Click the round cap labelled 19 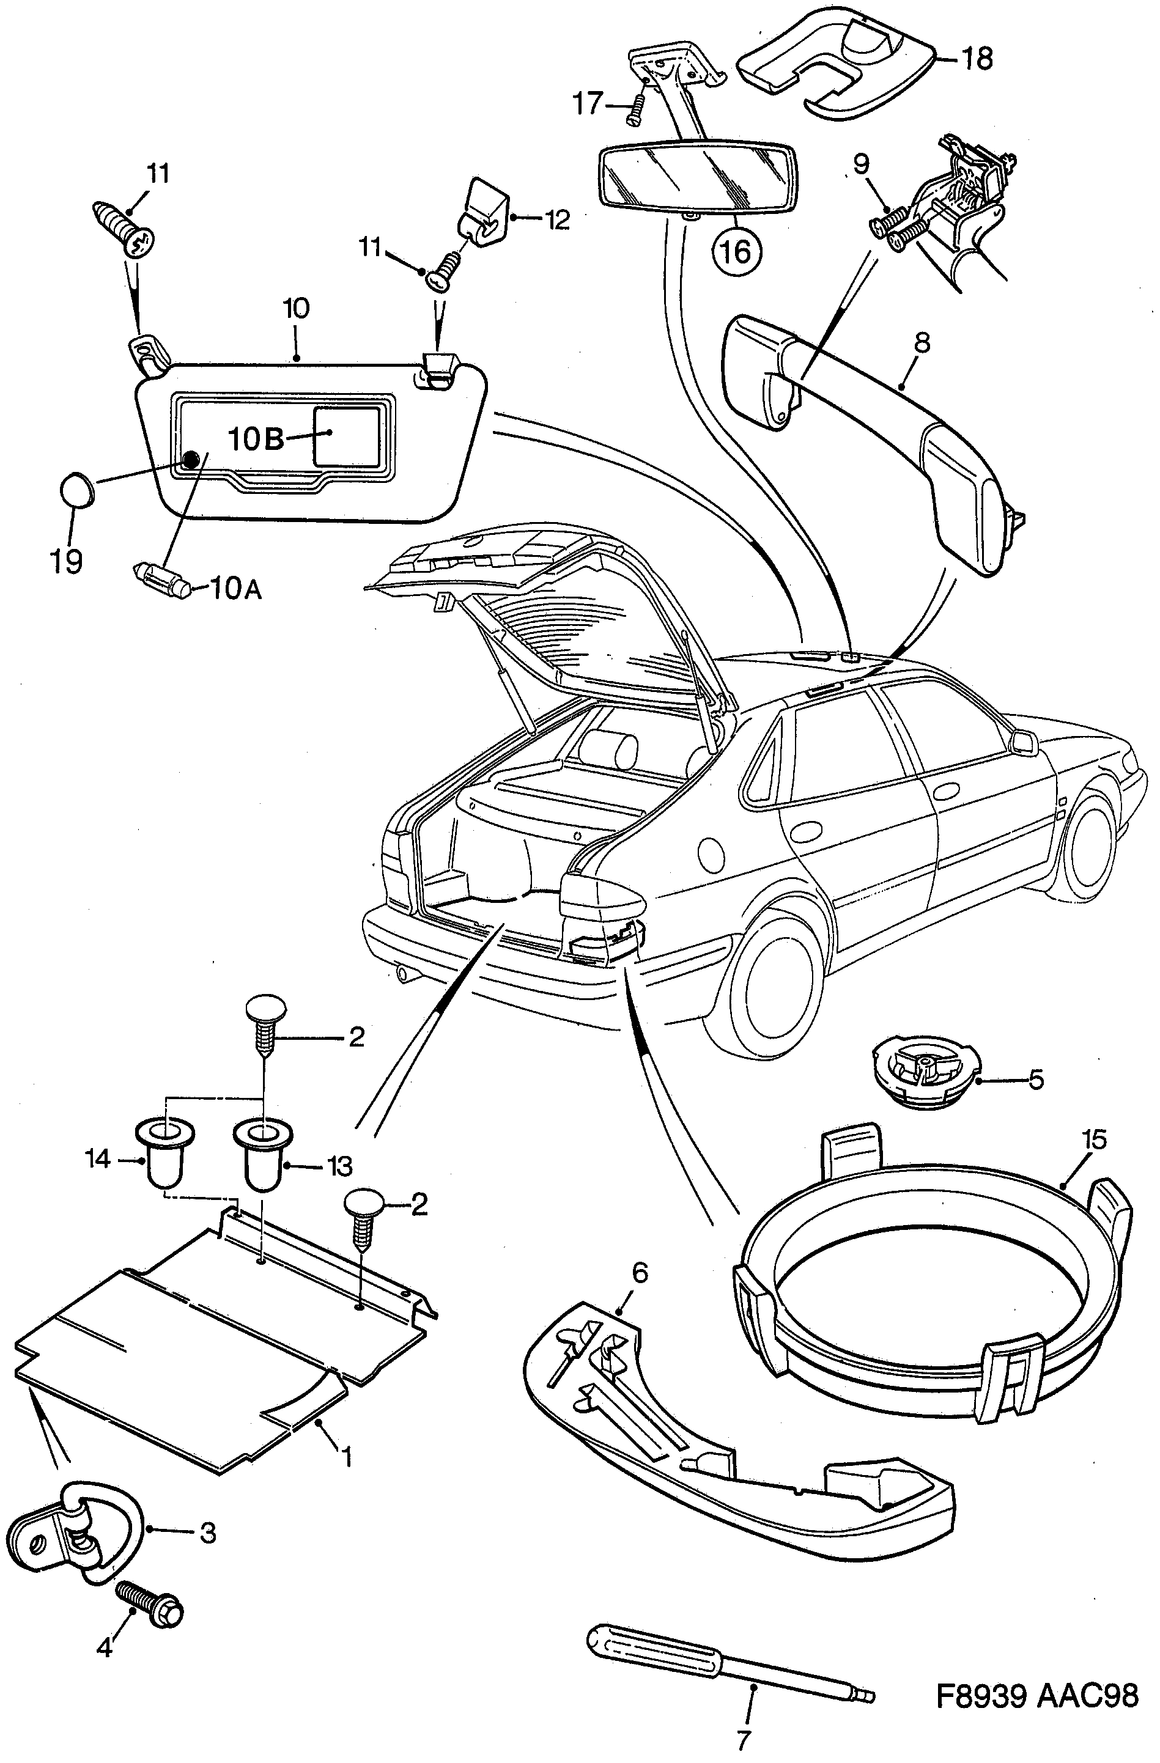[x=76, y=490]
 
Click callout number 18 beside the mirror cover [x=978, y=58]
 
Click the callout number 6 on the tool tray [x=639, y=1272]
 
